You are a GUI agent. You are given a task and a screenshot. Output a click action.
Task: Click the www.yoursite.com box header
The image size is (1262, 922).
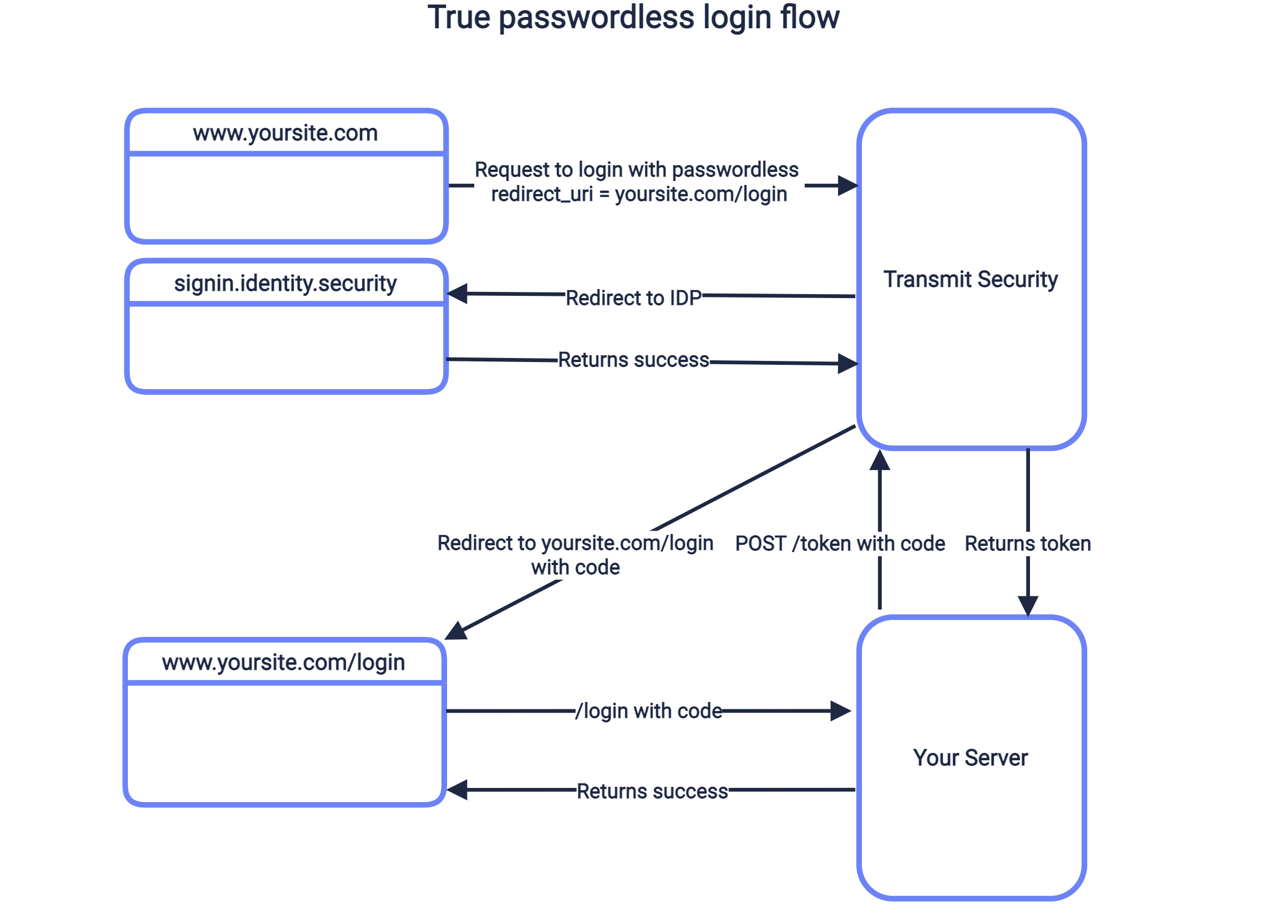click(285, 133)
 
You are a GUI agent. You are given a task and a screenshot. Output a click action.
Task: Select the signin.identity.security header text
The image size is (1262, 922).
click(285, 283)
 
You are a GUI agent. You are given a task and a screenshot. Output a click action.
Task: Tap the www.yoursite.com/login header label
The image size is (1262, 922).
click(284, 662)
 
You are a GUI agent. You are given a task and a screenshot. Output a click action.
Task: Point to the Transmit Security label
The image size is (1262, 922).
click(971, 279)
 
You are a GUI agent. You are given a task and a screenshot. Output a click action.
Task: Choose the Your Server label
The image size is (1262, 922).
click(971, 758)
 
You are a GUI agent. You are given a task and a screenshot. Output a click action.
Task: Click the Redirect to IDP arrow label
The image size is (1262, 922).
click(633, 298)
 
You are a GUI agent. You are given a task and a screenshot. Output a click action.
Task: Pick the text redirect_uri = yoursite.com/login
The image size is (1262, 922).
click(639, 194)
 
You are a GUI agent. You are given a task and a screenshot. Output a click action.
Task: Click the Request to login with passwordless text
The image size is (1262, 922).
click(636, 170)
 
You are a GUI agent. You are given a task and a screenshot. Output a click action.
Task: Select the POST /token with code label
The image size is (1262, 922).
click(840, 544)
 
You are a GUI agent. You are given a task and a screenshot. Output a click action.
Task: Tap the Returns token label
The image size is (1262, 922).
click(1028, 544)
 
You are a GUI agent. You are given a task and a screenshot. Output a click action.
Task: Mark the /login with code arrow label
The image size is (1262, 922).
click(649, 711)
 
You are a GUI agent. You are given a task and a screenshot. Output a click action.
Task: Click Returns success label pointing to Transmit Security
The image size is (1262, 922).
click(633, 360)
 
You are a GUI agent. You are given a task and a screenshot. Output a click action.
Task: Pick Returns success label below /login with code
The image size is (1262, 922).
click(652, 791)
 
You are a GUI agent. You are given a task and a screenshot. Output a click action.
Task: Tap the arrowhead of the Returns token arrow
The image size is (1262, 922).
click(1028, 605)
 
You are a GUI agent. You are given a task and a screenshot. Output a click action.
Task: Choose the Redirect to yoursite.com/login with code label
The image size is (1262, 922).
click(576, 555)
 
